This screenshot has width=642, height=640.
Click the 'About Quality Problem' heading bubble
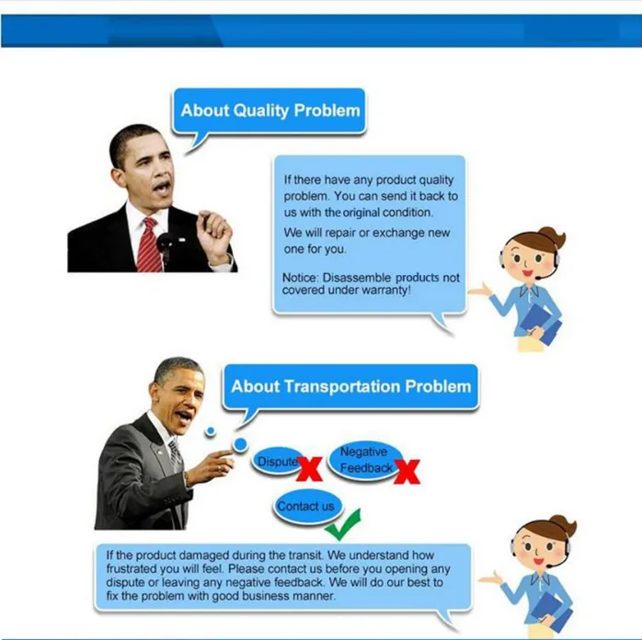[x=269, y=111]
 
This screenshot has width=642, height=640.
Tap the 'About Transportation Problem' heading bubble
[x=350, y=387]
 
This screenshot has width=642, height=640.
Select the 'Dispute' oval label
[x=278, y=462]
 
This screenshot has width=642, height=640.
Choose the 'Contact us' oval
[x=305, y=507]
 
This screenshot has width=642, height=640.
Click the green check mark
[x=343, y=524]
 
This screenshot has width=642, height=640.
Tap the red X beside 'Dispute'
[x=309, y=469]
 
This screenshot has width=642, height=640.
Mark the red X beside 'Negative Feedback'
[x=407, y=472]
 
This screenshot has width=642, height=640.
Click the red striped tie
[x=148, y=245]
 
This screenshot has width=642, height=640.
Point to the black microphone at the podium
[x=165, y=246]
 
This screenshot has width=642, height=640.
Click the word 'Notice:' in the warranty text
[x=300, y=278]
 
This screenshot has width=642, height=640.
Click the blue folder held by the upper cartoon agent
[x=540, y=324]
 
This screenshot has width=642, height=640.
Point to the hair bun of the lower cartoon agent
[x=562, y=524]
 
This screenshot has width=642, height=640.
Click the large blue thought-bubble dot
[x=240, y=444]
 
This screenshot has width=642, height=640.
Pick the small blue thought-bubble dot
[x=211, y=431]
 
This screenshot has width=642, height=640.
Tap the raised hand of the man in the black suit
[x=213, y=233]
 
